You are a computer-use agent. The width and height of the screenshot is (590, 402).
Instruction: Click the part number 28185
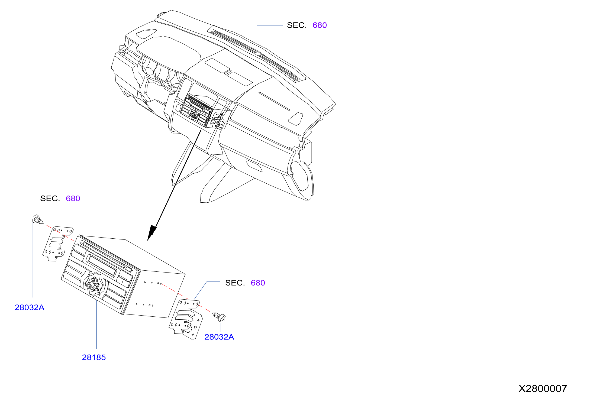pos(94,357)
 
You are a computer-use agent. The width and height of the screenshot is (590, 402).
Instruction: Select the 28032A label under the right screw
pos(219,337)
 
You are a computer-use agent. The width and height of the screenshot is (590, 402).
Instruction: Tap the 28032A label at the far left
pos(29,307)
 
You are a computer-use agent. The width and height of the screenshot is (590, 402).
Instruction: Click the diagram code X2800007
pos(543,388)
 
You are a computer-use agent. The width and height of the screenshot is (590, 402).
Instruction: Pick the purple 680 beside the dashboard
pos(320,25)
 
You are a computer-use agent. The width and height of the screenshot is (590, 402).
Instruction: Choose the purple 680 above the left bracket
pos(73,199)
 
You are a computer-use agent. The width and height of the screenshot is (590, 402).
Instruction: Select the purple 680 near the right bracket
pos(258,283)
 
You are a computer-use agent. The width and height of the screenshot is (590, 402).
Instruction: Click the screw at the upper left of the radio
pos(37,219)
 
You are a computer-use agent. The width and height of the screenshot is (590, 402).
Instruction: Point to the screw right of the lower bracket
pos(219,317)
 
